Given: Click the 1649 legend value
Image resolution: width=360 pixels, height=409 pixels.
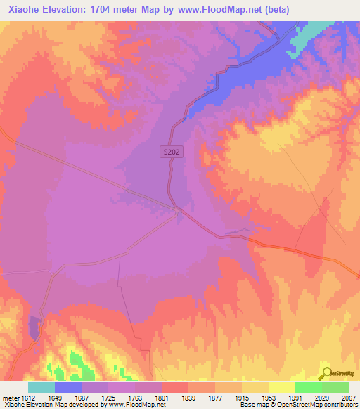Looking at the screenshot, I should pos(54,397).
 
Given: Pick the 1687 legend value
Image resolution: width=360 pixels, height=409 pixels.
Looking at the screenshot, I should pos(81,397).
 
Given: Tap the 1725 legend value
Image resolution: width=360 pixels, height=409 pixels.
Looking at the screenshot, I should pos(108,397).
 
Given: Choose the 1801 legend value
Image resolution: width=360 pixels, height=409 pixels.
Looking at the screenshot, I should pos(161,397).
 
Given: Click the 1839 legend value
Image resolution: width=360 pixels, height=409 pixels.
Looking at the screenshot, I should pos(188,397).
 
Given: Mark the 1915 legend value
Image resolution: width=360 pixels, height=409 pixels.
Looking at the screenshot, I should pos(241,397).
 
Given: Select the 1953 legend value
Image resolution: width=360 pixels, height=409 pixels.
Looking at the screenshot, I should pos(268,397).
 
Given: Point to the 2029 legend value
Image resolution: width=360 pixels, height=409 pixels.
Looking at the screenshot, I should pos(321,397).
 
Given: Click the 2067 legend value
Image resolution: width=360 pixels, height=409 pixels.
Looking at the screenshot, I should pos(347,397).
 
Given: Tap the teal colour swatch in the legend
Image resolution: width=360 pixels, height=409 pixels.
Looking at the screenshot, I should pos(41,387).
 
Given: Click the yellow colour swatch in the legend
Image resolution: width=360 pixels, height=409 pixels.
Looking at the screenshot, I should pos(281,387).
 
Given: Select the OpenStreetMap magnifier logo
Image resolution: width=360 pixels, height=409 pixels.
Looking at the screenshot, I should pos(326,373).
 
